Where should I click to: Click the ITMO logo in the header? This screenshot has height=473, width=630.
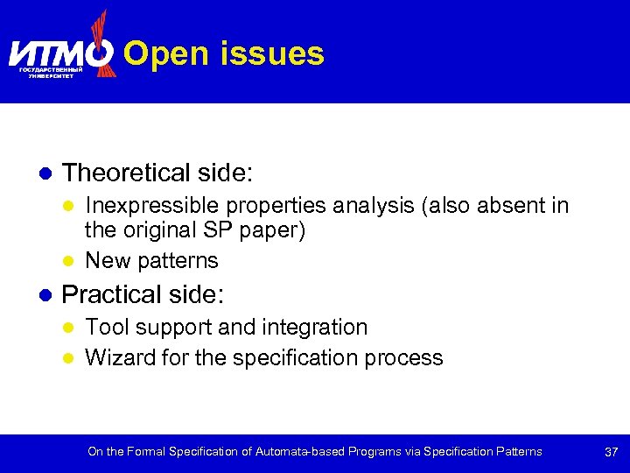[61, 53]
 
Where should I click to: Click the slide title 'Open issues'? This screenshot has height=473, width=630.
[224, 54]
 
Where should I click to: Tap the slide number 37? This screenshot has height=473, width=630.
[612, 452]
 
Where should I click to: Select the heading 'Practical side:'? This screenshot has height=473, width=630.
[143, 293]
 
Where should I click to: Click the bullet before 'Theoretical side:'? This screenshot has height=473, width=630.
[44, 173]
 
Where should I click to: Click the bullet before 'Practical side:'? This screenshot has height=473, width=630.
[44, 294]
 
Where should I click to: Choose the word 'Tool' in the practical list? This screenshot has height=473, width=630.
[107, 328]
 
